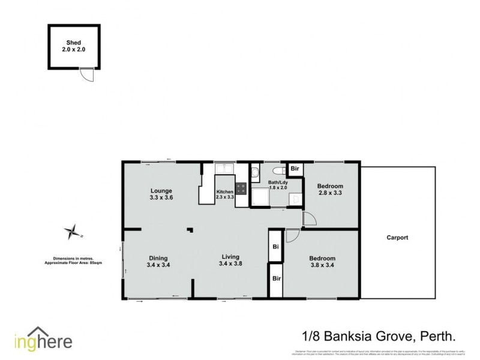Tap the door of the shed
[x=88, y=76]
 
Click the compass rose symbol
[x=73, y=231]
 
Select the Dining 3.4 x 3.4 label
[x=158, y=262]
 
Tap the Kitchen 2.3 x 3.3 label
[x=225, y=195]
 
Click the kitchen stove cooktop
[x=241, y=188]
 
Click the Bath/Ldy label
[x=278, y=185]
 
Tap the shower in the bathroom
[x=260, y=197]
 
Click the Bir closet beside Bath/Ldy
[x=295, y=169]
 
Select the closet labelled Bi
[x=275, y=246]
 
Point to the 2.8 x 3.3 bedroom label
[x=330, y=190]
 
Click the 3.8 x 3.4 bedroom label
[x=322, y=262]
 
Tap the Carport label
[x=396, y=238]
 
